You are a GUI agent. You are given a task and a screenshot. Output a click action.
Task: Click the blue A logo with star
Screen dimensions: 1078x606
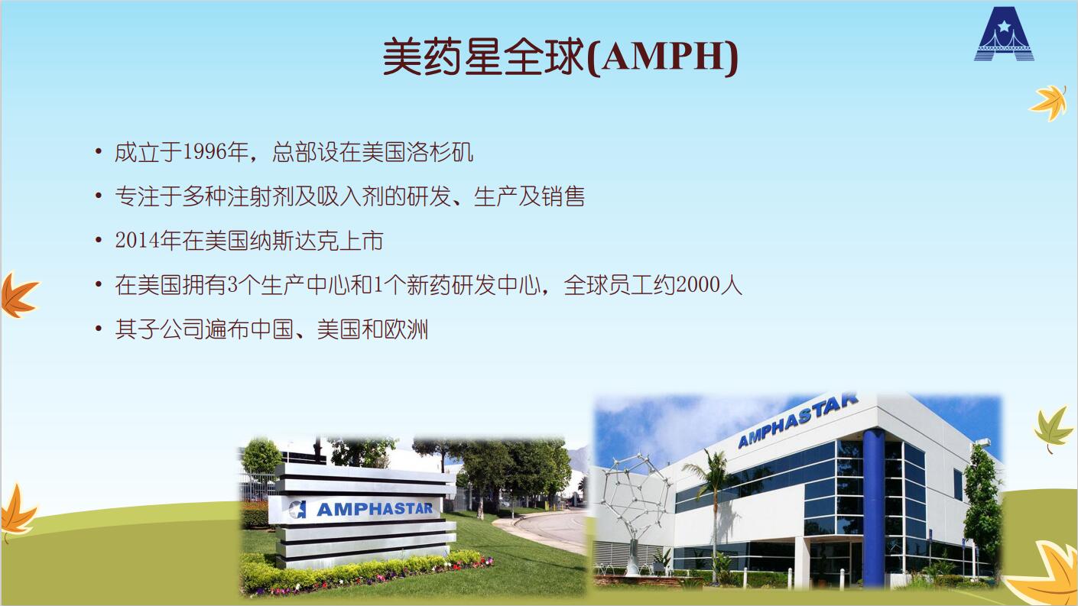(x=1004, y=34)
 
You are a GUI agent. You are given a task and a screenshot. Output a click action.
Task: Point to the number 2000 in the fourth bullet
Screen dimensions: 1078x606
(x=697, y=285)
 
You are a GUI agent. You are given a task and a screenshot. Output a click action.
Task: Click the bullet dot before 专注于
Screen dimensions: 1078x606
(x=99, y=196)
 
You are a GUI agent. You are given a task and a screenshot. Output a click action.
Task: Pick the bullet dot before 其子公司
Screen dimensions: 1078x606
(x=99, y=329)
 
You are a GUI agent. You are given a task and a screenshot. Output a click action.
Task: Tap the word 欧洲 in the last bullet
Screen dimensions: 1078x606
(x=406, y=329)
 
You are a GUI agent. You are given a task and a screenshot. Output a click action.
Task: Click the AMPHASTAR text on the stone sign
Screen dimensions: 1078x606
(x=375, y=509)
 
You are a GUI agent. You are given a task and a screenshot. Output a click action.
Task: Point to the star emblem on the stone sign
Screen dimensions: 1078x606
(x=298, y=509)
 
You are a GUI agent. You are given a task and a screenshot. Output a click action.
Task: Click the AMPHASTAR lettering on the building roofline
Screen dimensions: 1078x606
(x=797, y=420)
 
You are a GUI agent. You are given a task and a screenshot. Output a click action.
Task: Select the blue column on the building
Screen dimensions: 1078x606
(x=873, y=507)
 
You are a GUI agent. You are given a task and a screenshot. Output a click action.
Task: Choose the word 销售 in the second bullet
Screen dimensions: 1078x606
(x=563, y=196)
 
